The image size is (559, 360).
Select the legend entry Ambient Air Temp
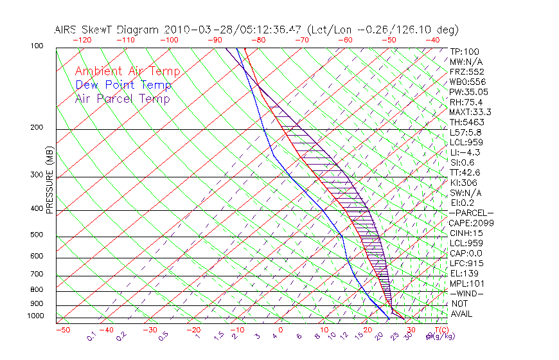tap(127, 71)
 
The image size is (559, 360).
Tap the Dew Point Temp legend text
tap(123, 85)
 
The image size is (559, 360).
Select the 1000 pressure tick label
tap(36, 316)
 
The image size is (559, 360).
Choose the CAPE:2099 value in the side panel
tap(472, 223)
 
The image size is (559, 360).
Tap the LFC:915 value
tap(466, 263)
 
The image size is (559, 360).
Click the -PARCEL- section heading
tap(471, 213)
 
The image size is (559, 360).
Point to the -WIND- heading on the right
tap(466, 293)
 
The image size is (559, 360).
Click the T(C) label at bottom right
tap(441, 330)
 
